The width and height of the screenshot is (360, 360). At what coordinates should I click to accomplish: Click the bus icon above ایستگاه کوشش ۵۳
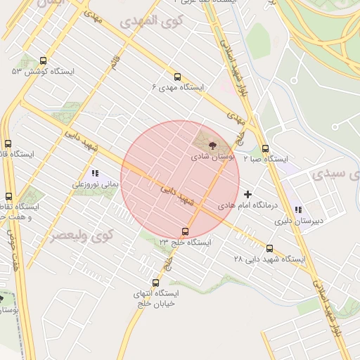click(x=44, y=60)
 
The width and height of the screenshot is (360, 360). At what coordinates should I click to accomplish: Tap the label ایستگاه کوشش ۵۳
click(x=37, y=71)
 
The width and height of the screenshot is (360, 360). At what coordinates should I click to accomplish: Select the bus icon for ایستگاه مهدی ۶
click(x=176, y=77)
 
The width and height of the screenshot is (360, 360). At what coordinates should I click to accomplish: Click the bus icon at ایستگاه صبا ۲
click(x=265, y=148)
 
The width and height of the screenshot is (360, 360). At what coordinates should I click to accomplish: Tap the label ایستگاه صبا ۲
click(x=266, y=160)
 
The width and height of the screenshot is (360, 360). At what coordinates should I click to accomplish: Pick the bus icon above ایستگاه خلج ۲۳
click(x=185, y=231)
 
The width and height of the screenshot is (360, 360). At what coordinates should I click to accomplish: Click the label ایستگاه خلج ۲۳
click(x=185, y=242)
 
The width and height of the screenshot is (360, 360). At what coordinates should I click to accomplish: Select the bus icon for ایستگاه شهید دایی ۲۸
click(x=270, y=248)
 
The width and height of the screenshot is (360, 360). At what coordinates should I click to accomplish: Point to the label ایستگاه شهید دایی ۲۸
click(x=270, y=259)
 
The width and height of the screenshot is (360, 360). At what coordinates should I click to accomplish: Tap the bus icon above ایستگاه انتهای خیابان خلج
click(x=155, y=283)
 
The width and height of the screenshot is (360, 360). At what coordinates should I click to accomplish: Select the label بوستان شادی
click(x=213, y=156)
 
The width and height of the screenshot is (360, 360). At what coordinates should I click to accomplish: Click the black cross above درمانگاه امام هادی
click(x=247, y=194)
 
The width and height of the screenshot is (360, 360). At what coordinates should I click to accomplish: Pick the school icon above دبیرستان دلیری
click(x=298, y=210)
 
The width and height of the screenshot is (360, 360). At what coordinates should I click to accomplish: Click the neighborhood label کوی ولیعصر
click(x=82, y=235)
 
